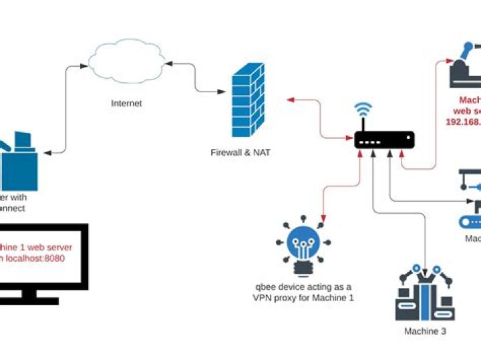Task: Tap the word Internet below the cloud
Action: pos(126,104)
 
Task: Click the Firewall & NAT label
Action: pos(240,153)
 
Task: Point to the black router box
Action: pos(384,139)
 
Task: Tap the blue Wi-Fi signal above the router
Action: pos(363,110)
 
